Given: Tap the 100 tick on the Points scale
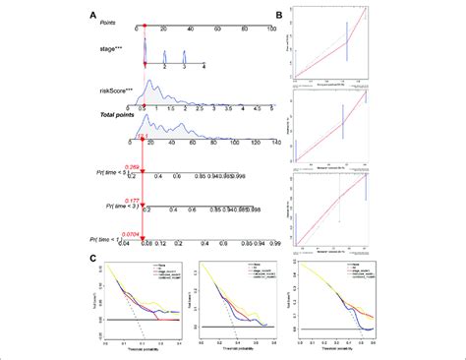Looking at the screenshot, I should tap(269, 32).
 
